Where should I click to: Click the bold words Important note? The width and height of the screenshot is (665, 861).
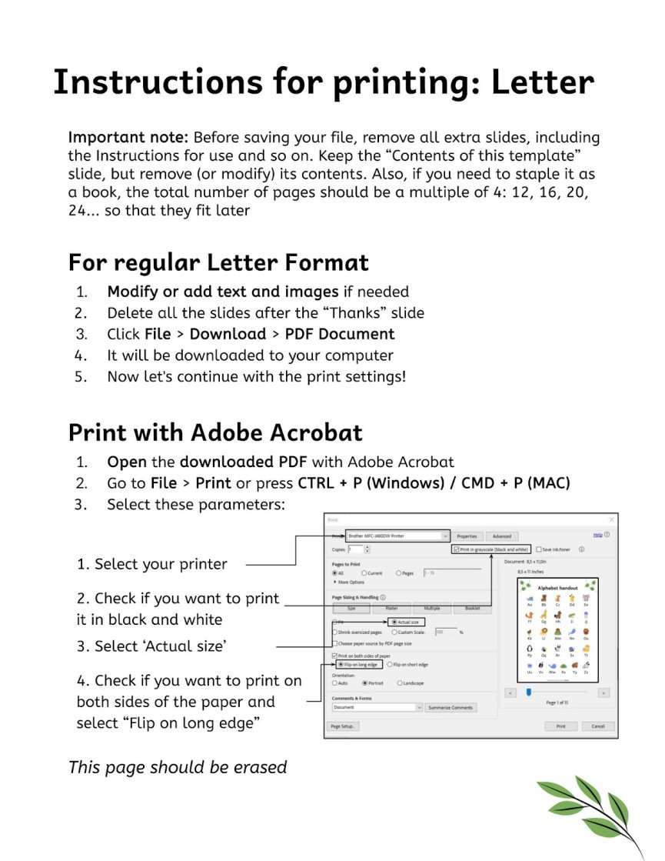click(x=128, y=138)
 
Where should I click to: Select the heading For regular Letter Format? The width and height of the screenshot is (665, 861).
click(x=218, y=262)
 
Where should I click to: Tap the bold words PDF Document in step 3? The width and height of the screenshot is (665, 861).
click(x=340, y=334)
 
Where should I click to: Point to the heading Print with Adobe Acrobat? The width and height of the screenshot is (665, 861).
click(x=215, y=432)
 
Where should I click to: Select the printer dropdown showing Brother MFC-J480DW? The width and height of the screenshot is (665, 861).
click(x=397, y=536)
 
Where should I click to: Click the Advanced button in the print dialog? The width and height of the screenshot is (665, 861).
click(x=501, y=536)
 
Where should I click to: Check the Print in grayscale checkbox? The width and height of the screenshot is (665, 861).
click(x=457, y=549)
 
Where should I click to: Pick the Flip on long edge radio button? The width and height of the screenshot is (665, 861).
click(x=341, y=664)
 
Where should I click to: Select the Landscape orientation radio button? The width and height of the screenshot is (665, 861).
click(x=400, y=682)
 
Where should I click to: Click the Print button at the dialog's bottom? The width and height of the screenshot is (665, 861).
click(x=560, y=726)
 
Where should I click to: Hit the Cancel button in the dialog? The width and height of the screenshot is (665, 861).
click(x=597, y=726)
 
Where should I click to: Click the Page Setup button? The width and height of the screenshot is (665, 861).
click(x=344, y=726)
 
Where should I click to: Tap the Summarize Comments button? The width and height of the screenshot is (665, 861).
click(x=451, y=707)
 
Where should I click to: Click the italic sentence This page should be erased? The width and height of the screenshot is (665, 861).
click(x=178, y=767)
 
